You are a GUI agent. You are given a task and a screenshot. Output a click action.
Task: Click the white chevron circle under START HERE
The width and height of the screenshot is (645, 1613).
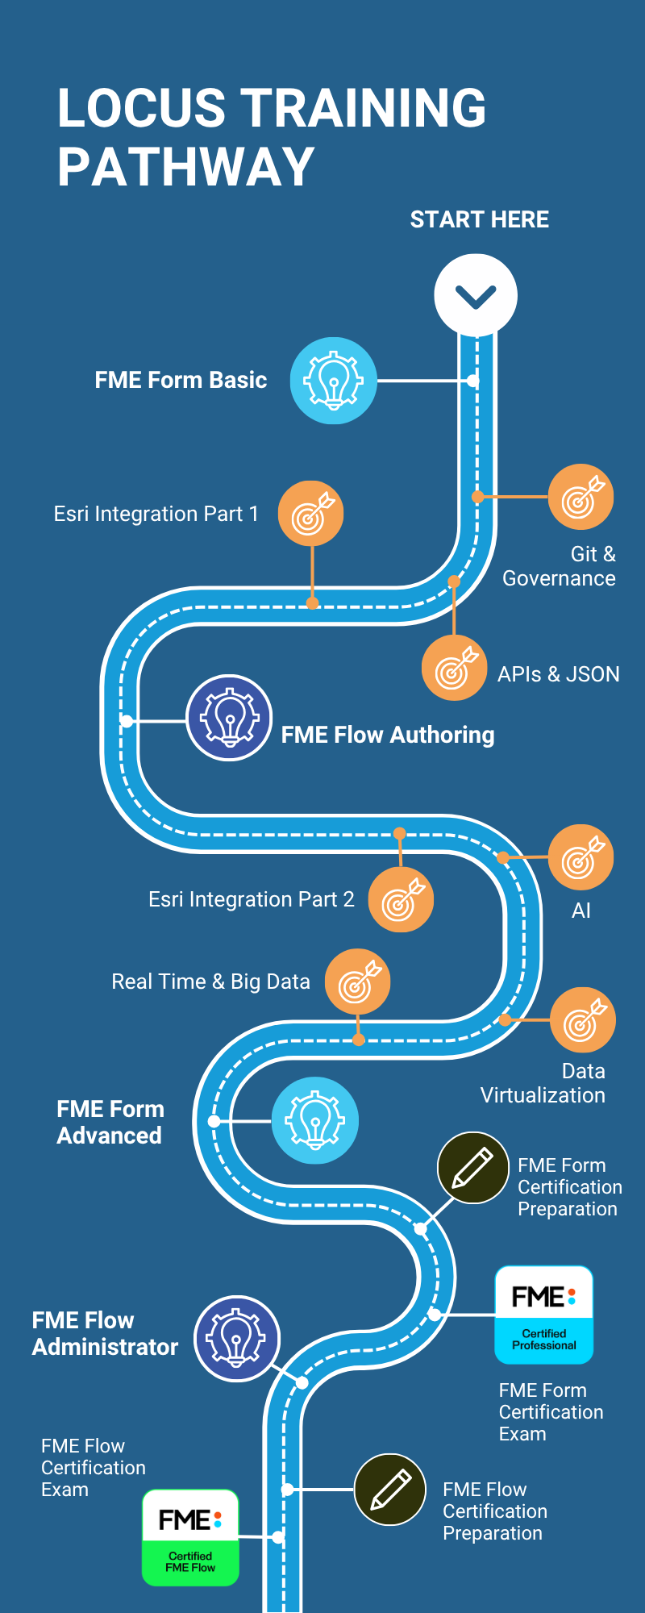[476, 295]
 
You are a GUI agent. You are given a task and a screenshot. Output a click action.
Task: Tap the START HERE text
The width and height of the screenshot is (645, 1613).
[479, 219]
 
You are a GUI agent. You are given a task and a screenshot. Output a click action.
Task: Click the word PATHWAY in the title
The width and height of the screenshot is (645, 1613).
[185, 167]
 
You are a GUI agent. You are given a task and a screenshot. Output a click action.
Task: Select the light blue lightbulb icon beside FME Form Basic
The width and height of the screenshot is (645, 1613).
[334, 381]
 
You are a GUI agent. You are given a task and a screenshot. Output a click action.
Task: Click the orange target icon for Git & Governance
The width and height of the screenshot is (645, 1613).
[580, 497]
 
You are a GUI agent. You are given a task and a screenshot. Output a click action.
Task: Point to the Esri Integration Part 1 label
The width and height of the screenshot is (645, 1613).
[156, 514]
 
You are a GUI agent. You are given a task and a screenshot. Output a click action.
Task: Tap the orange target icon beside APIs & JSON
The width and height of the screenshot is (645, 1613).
[455, 668]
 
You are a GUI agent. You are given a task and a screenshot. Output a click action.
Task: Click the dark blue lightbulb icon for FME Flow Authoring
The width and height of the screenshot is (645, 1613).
[229, 718]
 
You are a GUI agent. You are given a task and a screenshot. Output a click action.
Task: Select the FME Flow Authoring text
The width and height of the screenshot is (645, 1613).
[387, 735]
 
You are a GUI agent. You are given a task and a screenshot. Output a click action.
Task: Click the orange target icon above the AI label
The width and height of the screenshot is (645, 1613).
[580, 857]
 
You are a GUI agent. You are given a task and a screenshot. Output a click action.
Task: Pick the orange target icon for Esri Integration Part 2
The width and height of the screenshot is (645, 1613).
[401, 900]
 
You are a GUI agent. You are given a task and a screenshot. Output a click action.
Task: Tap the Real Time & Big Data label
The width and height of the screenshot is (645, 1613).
[210, 982]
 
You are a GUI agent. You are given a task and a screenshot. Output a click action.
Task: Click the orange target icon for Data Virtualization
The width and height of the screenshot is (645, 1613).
[582, 1020]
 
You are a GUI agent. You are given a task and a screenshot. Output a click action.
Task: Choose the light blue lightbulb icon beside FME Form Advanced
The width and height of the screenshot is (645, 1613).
[315, 1120]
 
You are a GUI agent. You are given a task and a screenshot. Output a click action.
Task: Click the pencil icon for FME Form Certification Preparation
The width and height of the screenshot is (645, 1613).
[472, 1168]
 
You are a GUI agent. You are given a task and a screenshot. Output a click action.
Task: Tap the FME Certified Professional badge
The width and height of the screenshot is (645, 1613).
[543, 1315]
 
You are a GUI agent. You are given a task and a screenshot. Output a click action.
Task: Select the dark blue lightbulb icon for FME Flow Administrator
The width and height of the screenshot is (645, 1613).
[236, 1339]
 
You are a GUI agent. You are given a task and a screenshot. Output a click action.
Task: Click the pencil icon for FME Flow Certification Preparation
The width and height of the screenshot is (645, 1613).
[390, 1490]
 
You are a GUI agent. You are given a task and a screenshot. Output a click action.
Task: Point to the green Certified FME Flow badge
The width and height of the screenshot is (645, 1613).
[190, 1538]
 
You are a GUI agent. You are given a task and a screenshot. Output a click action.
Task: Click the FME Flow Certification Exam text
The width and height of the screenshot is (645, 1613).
[93, 1467]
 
